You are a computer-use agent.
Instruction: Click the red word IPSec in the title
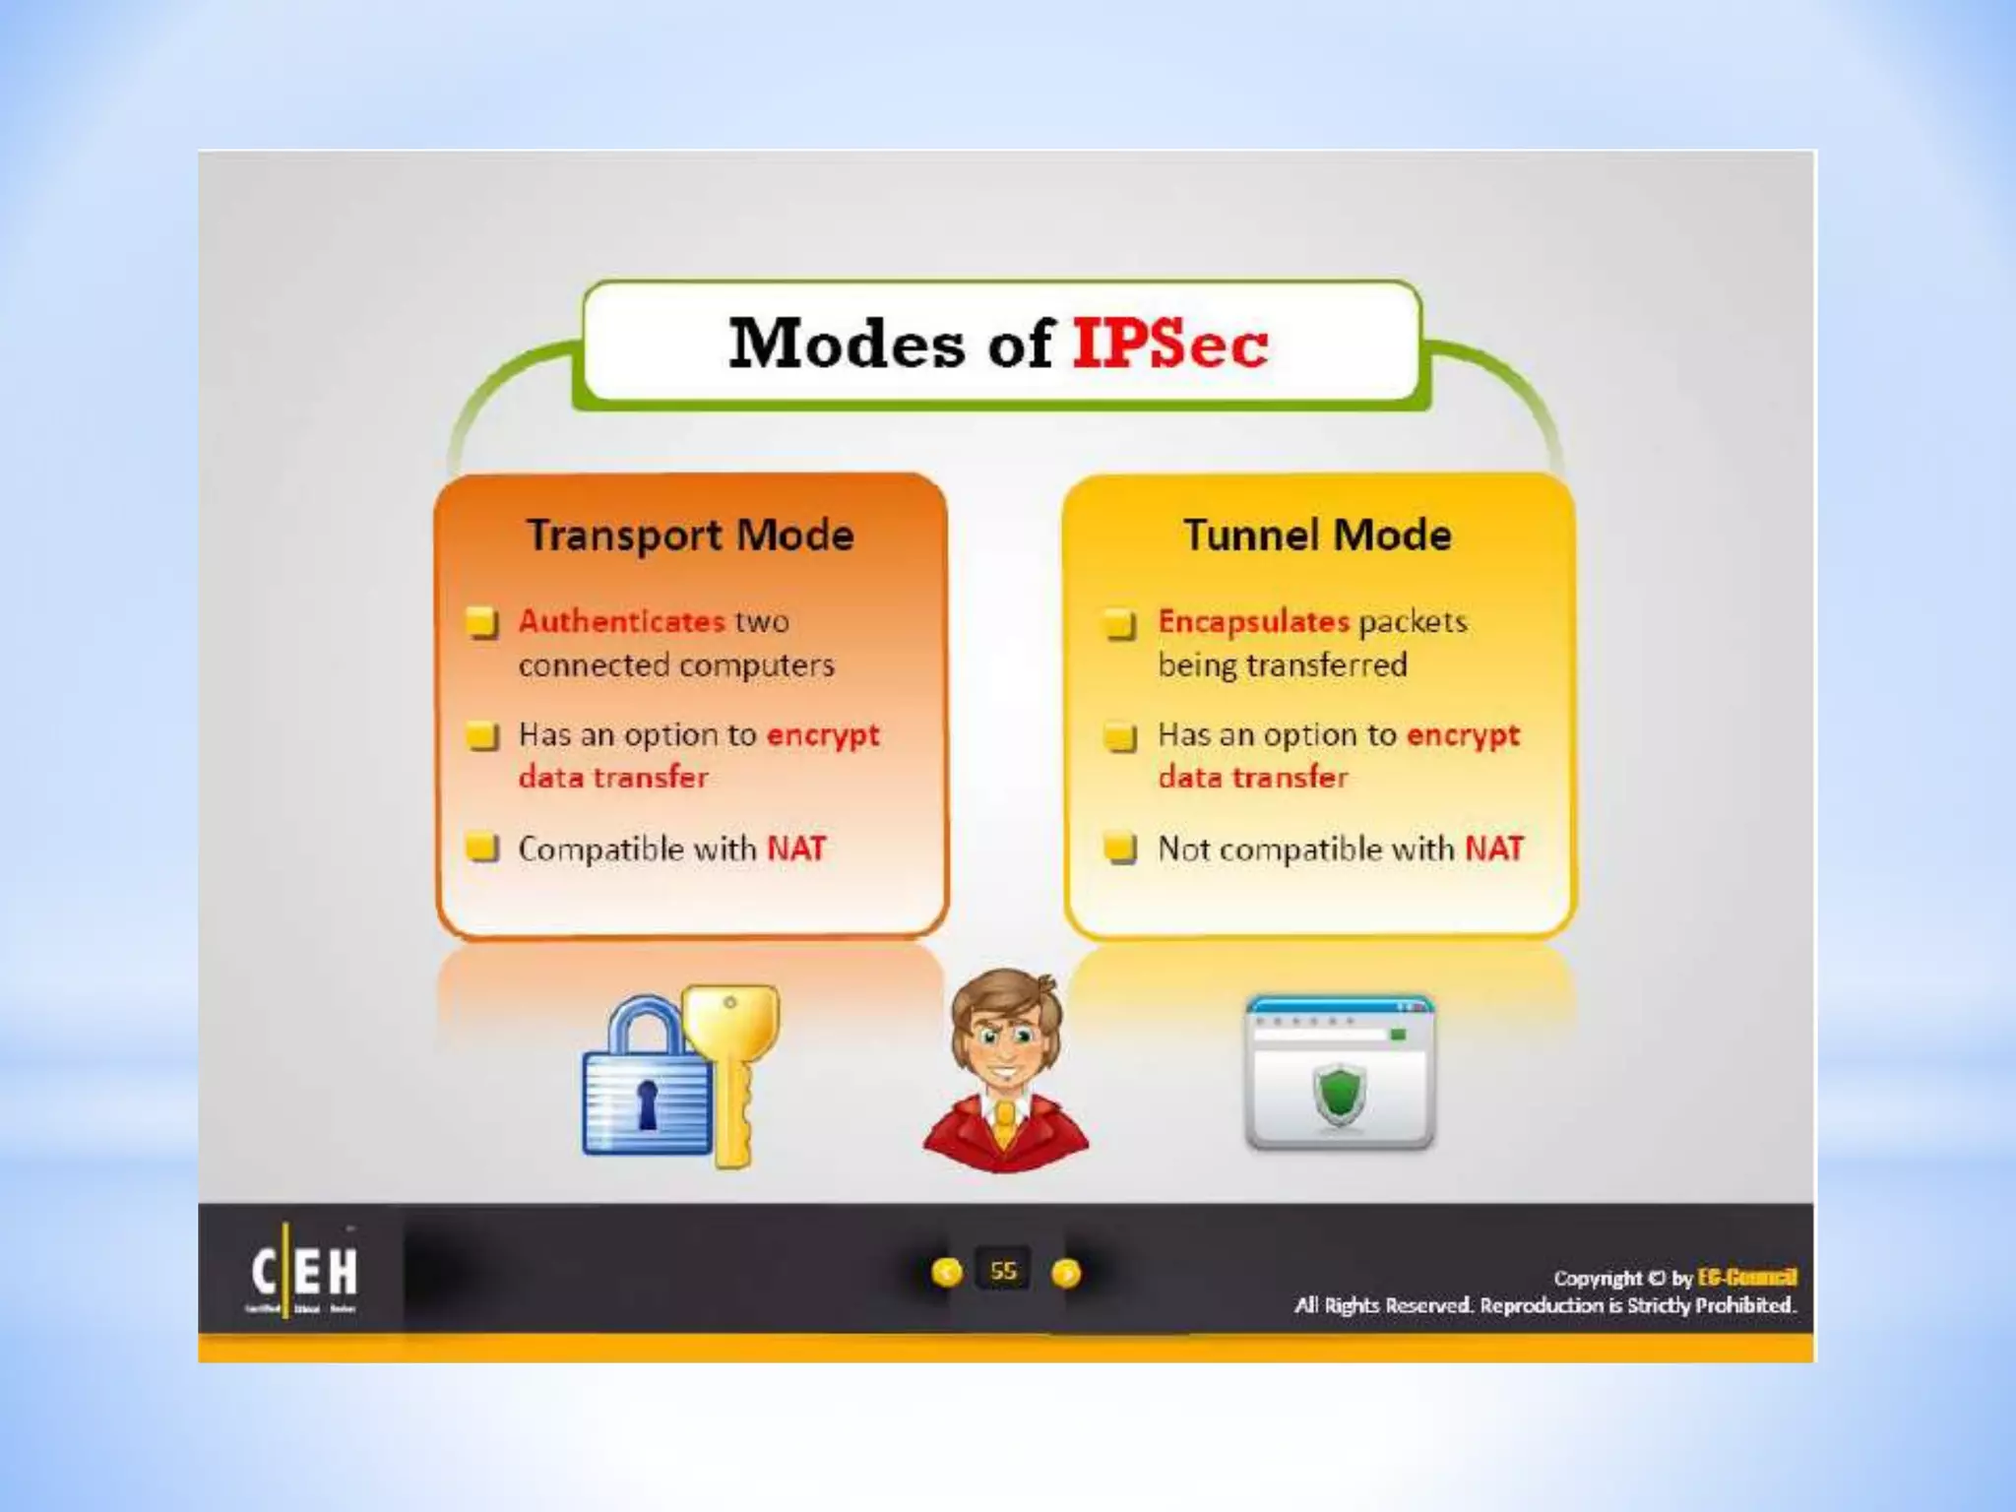click(x=1169, y=344)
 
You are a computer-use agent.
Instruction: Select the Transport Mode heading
click(x=690, y=535)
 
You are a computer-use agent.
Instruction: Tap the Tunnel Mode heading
click(x=1317, y=535)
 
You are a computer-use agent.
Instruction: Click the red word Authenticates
click(x=621, y=621)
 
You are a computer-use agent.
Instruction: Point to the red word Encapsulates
click(x=1253, y=621)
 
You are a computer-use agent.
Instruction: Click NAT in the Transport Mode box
click(x=796, y=849)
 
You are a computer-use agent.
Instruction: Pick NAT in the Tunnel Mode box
click(x=1493, y=849)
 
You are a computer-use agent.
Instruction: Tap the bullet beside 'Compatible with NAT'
click(x=482, y=847)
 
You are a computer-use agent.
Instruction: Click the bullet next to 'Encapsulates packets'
click(x=1120, y=623)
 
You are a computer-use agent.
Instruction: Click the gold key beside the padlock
click(x=731, y=1063)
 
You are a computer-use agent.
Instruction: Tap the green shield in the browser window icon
click(x=1339, y=1095)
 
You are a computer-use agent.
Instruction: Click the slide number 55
click(x=1003, y=1271)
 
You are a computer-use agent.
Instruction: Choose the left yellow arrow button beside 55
click(x=946, y=1273)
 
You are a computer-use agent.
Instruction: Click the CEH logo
click(x=303, y=1272)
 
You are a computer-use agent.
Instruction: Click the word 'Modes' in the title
click(x=847, y=344)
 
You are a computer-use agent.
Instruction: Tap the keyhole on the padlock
click(x=647, y=1102)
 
